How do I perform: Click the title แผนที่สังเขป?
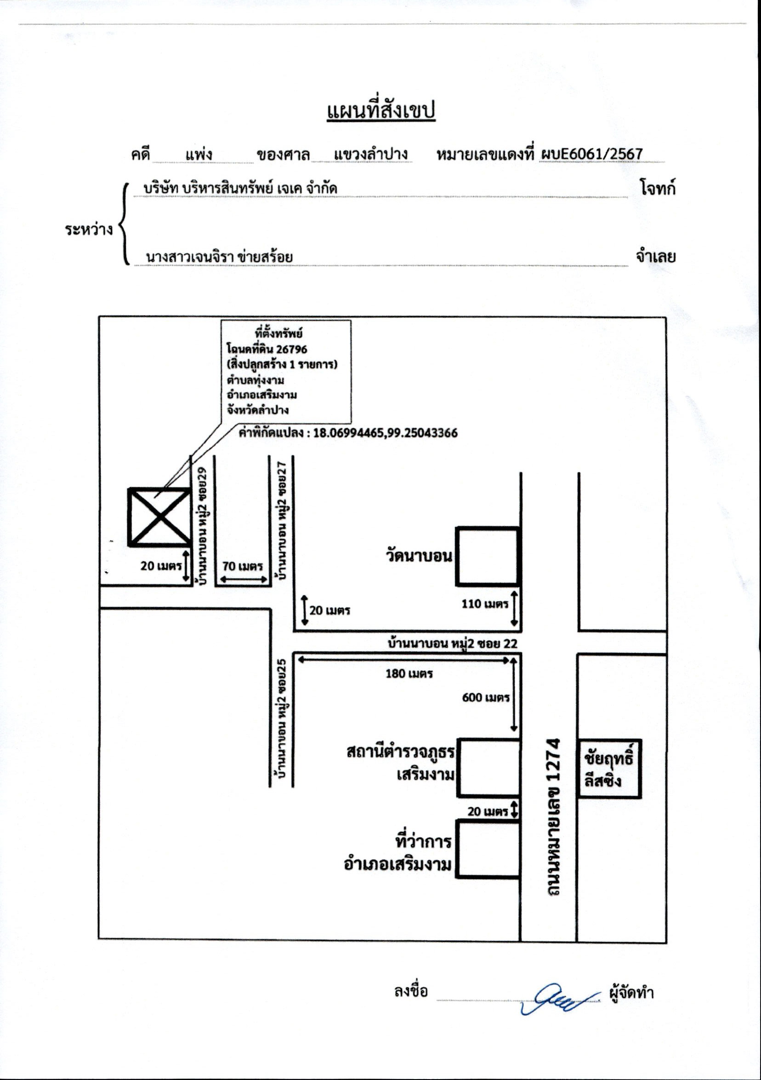381,111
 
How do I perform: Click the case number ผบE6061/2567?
591,154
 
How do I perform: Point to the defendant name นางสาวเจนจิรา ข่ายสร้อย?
220,257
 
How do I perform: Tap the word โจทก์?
658,188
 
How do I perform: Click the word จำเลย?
656,256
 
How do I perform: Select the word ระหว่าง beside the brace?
89,230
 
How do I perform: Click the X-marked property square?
159,517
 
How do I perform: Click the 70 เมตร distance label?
243,566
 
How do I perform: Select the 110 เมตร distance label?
485,604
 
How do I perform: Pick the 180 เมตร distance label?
409,673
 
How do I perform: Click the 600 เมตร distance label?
486,698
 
